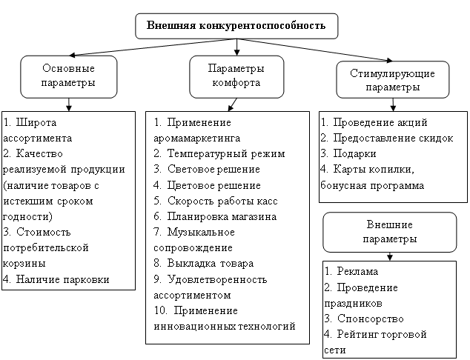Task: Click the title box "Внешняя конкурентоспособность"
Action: pyautogui.click(x=236, y=26)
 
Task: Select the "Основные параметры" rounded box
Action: pyautogui.click(x=69, y=77)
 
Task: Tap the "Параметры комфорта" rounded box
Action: pyautogui.click(x=236, y=77)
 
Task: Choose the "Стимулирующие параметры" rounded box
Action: pyautogui.click(x=393, y=80)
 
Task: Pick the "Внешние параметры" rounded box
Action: pyautogui.click(x=390, y=232)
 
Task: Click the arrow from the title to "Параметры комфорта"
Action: pyautogui.click(x=236, y=47)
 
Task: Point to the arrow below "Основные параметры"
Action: pyautogui.click(x=69, y=105)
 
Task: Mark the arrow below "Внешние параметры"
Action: pyautogui.click(x=390, y=256)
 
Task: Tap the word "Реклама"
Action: pyautogui.click(x=357, y=271)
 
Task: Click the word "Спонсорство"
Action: pyautogui.click(x=371, y=319)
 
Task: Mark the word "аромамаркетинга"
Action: pyautogui.click(x=197, y=138)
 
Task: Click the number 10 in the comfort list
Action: pyautogui.click(x=160, y=310)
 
